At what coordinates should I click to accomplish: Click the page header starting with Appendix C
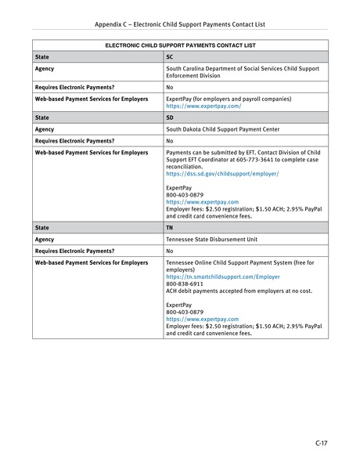click(x=180, y=24)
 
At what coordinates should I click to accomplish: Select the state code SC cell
click(x=170, y=57)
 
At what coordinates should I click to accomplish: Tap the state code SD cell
click(x=170, y=117)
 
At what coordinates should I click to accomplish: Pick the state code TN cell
click(x=170, y=228)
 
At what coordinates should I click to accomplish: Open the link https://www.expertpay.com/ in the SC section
click(x=198, y=106)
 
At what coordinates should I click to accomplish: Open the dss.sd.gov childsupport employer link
click(x=222, y=172)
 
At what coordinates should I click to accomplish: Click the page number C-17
click(x=321, y=443)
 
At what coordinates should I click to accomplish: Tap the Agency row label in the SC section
click(x=45, y=69)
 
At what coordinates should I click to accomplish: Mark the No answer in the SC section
click(x=170, y=87)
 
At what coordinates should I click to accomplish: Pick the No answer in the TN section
click(x=170, y=251)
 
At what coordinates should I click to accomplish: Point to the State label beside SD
click(x=42, y=117)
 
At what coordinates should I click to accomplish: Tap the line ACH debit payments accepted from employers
click(x=228, y=291)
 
